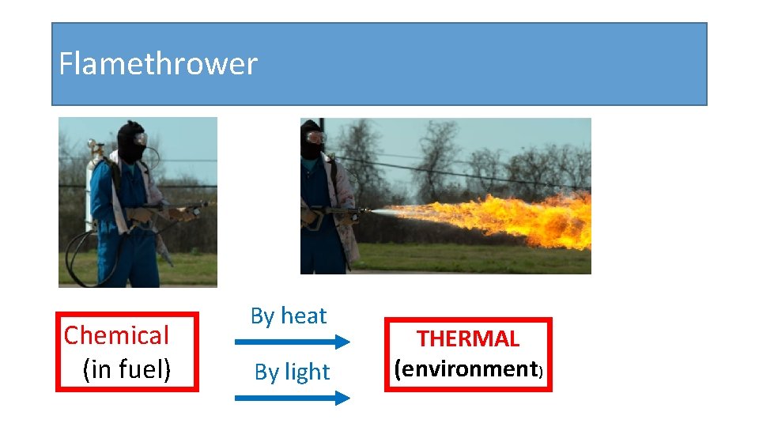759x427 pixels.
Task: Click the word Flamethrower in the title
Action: point(158,64)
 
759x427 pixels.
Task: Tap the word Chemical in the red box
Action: point(116,335)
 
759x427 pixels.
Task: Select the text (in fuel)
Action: point(126,369)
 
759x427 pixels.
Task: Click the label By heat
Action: point(288,316)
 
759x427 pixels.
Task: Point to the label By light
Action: point(292,372)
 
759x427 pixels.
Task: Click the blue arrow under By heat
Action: point(292,342)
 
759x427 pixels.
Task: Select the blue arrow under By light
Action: point(292,398)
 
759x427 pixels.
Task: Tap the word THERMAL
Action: point(468,339)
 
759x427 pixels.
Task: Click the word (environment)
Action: point(467,369)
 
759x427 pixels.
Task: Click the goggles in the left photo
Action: point(140,139)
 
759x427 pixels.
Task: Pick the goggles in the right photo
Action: point(315,138)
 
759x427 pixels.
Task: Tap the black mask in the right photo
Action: point(311,142)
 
